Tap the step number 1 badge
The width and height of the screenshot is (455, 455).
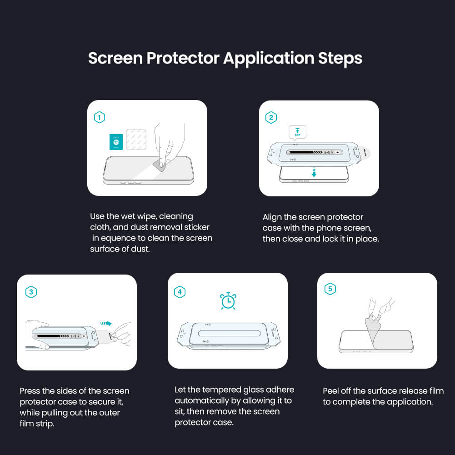pyautogui.click(x=99, y=118)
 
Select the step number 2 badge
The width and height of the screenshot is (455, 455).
pyautogui.click(x=271, y=118)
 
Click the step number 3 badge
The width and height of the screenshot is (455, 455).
pyautogui.click(x=31, y=292)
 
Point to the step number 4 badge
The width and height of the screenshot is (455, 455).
pyautogui.click(x=180, y=292)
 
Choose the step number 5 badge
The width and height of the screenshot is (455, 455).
pyautogui.click(x=330, y=289)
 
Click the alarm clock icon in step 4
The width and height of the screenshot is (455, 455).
pyautogui.click(x=228, y=301)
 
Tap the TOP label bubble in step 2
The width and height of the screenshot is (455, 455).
pyautogui.click(x=297, y=132)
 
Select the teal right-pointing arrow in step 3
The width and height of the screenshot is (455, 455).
pyautogui.click(x=106, y=324)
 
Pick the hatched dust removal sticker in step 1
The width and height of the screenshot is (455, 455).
pyautogui.click(x=137, y=140)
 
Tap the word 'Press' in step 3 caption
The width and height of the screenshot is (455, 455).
pyautogui.click(x=30, y=391)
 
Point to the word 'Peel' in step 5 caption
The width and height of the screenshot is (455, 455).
pyautogui.click(x=332, y=391)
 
